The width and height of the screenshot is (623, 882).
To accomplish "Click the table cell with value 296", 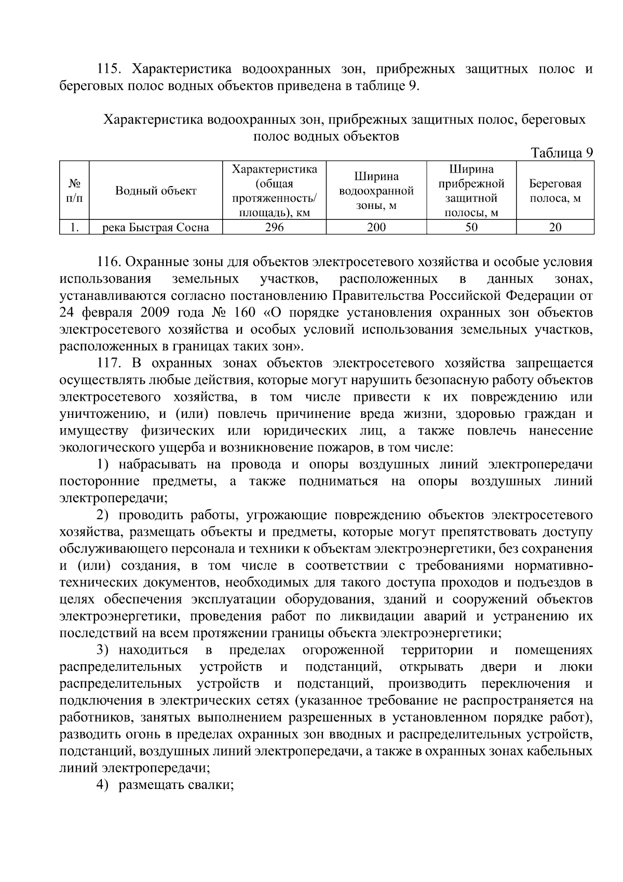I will pyautogui.click(x=274, y=227).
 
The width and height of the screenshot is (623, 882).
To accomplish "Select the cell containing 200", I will pyautogui.click(x=376, y=227).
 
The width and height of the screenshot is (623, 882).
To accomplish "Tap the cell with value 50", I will pyautogui.click(x=471, y=227).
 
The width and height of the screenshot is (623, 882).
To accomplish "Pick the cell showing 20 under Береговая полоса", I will pyautogui.click(x=555, y=227).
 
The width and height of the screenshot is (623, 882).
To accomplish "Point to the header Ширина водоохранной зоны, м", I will pyautogui.click(x=376, y=191).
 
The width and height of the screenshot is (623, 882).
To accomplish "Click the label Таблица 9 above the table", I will pyautogui.click(x=561, y=153).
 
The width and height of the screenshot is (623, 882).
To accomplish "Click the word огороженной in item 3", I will pyautogui.click(x=343, y=650).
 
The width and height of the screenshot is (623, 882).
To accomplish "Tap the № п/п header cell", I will pyautogui.click(x=74, y=191).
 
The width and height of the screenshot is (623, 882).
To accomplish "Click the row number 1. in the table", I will pyautogui.click(x=74, y=227).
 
